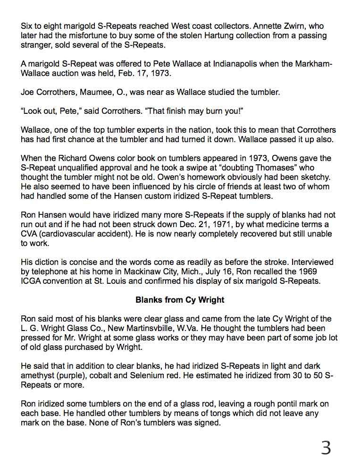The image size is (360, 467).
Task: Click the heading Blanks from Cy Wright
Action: point(180,299)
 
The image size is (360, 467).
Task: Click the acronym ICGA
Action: point(33,280)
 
